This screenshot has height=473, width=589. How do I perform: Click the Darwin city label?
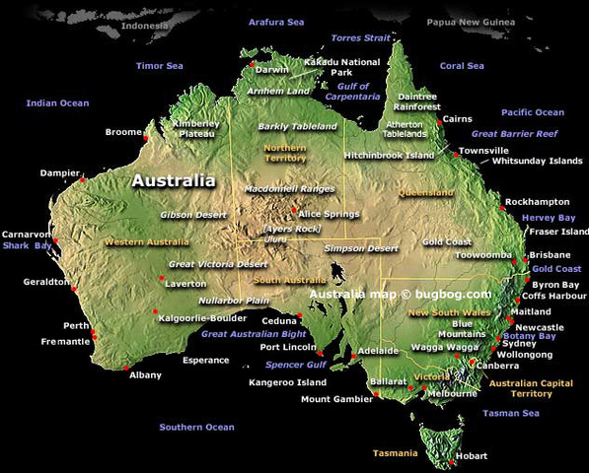(271, 70)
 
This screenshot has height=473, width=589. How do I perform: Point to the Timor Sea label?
(160, 66)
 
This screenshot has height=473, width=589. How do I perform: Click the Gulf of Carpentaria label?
(352, 92)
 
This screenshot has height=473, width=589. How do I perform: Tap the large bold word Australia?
(173, 181)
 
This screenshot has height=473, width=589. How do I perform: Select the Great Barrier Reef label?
(514, 133)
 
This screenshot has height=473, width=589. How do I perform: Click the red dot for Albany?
(126, 368)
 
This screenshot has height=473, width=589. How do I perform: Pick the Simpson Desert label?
(361, 249)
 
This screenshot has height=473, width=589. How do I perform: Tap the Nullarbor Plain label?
(234, 300)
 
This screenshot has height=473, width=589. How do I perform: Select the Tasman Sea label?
(511, 414)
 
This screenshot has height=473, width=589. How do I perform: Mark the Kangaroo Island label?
(287, 381)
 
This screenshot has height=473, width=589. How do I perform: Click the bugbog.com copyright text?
(400, 294)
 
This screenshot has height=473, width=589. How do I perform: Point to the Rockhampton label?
(537, 202)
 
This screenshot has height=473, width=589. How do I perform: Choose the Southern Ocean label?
(197, 428)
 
